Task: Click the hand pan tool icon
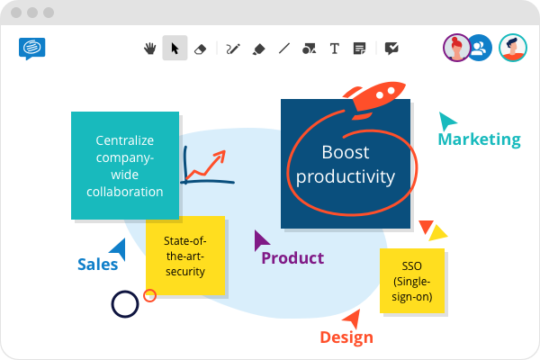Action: coord(149,49)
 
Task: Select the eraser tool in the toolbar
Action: coord(200,49)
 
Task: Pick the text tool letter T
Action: coord(335,49)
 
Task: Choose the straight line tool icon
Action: coord(284,49)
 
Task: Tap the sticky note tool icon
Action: coord(359,49)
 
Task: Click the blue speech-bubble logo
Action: coord(32,49)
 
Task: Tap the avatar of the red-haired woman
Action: coord(456,48)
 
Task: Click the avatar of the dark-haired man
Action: coord(513,48)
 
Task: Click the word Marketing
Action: coord(479,139)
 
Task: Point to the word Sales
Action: coord(98,265)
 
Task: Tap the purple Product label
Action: coord(292,258)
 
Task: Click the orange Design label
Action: coord(346,337)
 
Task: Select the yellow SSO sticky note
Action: coord(412,281)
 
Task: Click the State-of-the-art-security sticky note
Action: coord(185,256)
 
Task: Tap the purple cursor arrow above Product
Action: coord(260,240)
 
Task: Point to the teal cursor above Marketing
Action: coord(446,121)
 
